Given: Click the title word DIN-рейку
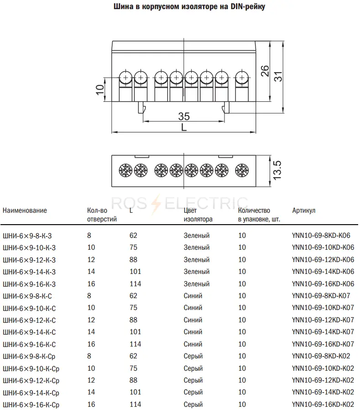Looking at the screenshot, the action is pyautogui.click(x=248, y=6).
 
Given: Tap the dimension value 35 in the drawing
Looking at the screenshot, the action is pyautogui.click(x=184, y=116).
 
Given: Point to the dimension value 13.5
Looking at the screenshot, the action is pyautogui.click(x=277, y=170).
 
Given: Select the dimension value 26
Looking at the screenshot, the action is pyautogui.click(x=265, y=71).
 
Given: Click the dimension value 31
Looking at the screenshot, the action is pyautogui.click(x=278, y=76).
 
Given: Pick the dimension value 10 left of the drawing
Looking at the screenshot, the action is pyautogui.click(x=100, y=89).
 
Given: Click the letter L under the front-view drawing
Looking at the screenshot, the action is pyautogui.click(x=184, y=127).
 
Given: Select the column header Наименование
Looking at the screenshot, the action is pyautogui.click(x=25, y=210).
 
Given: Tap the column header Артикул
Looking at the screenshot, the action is pyautogui.click(x=303, y=210).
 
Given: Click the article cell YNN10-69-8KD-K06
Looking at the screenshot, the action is pyautogui.click(x=321, y=235).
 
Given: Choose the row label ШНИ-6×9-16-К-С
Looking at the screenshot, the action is pyautogui.click(x=29, y=344).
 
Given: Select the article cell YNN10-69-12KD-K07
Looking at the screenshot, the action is pyautogui.click(x=323, y=320).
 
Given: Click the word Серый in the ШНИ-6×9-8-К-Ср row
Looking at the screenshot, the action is pyautogui.click(x=193, y=356).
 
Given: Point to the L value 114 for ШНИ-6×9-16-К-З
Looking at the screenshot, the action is pyautogui.click(x=136, y=284).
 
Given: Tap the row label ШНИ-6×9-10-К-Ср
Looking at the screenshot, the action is pyautogui.click(x=31, y=369).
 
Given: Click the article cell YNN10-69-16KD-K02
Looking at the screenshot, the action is pyautogui.click(x=323, y=404).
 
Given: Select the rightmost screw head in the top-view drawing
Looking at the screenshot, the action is pyautogui.click(x=242, y=170).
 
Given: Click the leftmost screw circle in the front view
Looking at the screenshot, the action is pyautogui.click(x=125, y=78).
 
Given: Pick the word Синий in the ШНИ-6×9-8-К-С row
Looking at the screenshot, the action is pyautogui.click(x=193, y=296).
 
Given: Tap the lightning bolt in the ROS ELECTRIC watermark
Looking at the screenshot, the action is pyautogui.click(x=156, y=205).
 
